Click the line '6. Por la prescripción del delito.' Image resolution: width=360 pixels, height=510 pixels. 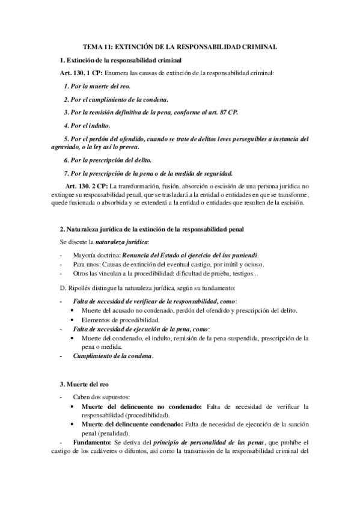(108, 160)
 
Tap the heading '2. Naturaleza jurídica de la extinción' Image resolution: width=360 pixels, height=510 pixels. (151, 230)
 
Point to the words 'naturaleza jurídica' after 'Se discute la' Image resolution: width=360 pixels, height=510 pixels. (123, 243)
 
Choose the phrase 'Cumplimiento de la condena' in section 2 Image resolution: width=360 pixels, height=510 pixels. (112, 356)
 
